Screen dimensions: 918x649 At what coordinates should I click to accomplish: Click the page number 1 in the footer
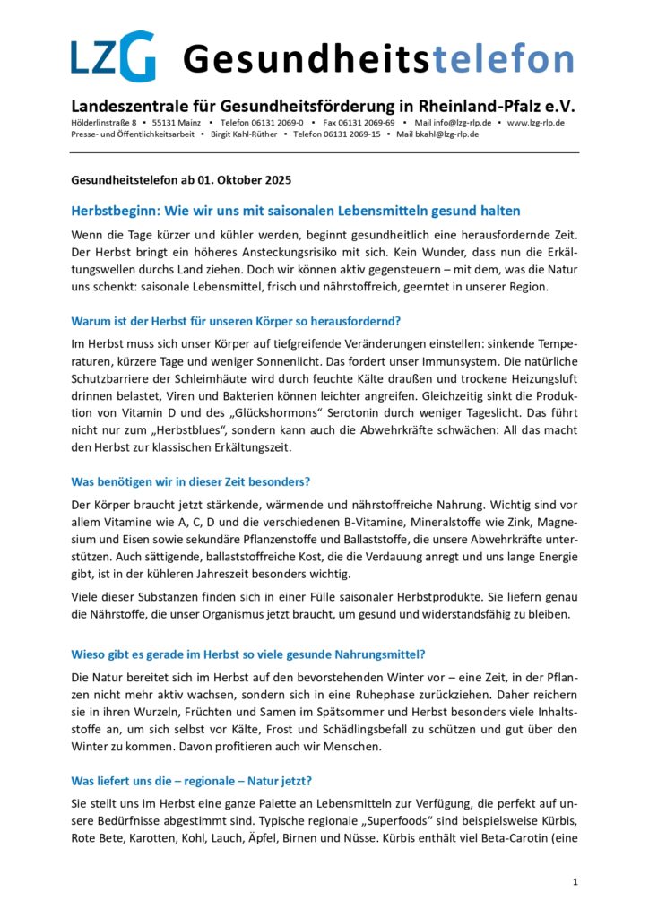tap(575, 882)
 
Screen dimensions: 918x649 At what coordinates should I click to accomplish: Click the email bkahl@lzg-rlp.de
tap(446, 134)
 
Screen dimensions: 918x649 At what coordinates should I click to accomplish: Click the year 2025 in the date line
tap(273, 179)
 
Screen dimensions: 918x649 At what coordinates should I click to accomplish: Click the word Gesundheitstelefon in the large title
tap(377, 59)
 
